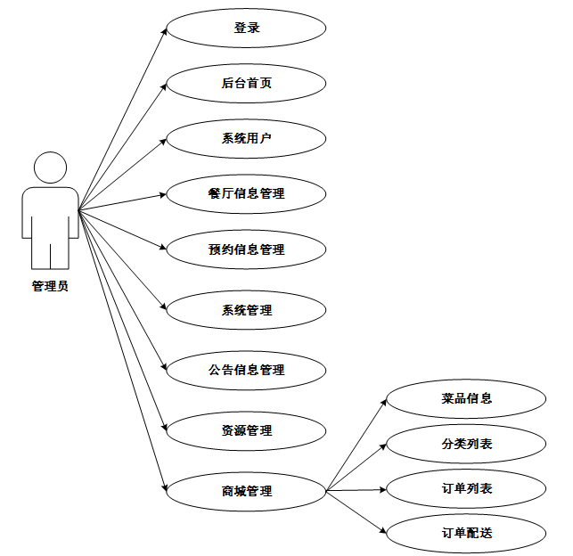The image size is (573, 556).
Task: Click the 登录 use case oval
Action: click(x=246, y=29)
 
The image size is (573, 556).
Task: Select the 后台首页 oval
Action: click(x=246, y=84)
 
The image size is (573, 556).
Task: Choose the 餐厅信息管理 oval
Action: click(x=246, y=193)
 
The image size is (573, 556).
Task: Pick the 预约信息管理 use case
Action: click(x=246, y=249)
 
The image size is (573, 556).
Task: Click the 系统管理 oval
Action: click(x=246, y=310)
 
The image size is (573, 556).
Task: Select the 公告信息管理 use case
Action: click(x=246, y=369)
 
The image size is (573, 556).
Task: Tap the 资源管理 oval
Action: click(x=246, y=430)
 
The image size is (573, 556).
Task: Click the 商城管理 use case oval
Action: click(x=246, y=491)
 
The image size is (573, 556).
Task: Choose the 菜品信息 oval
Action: click(x=466, y=398)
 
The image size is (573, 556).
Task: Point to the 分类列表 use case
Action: click(x=466, y=444)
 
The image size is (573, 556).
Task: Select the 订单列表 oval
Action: click(x=466, y=488)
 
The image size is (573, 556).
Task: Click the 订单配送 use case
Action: click(x=466, y=533)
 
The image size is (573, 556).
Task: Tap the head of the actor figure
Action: click(x=50, y=168)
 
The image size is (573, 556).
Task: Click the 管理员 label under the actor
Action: click(x=50, y=286)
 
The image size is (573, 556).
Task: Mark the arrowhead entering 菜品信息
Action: click(x=384, y=402)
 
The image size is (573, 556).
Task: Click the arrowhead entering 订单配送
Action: click(x=384, y=531)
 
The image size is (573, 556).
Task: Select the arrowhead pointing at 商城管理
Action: click(x=164, y=487)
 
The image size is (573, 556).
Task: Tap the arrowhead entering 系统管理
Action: click(x=164, y=307)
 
